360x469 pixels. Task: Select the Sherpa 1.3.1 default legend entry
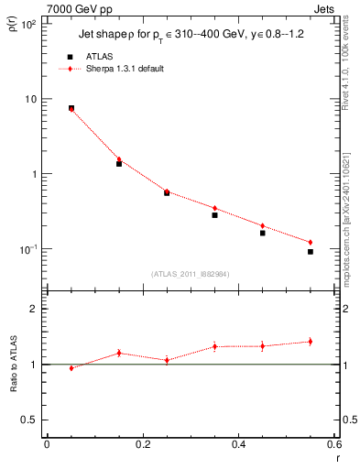(x=125, y=69)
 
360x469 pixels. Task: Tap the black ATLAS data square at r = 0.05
(x=71, y=108)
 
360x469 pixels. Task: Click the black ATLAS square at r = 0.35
(x=214, y=214)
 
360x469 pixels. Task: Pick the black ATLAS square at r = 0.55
(x=311, y=252)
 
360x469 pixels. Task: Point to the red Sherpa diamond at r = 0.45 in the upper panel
(x=263, y=225)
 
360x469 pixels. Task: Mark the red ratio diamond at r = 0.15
(x=119, y=353)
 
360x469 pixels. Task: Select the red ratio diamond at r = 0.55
(x=311, y=342)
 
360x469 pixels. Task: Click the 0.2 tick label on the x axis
(x=142, y=445)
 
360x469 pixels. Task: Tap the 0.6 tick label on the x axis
(x=334, y=445)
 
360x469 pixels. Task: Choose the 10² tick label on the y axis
(x=28, y=25)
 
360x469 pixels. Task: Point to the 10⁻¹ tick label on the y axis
(x=28, y=249)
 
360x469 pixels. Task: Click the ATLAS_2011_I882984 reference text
(x=191, y=273)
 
